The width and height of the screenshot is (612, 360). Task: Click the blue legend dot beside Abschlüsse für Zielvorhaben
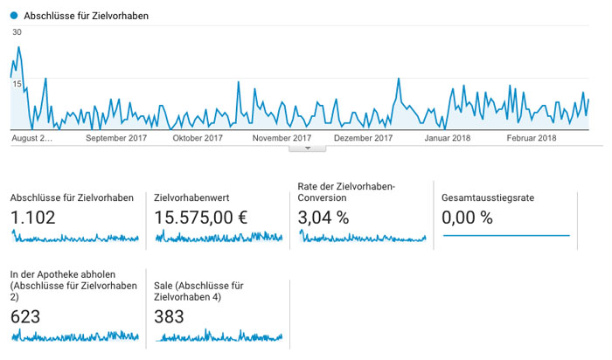point(14,16)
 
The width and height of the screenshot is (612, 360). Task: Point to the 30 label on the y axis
point(17,32)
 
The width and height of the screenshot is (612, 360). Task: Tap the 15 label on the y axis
point(17,84)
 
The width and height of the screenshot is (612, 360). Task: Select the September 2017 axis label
point(116,138)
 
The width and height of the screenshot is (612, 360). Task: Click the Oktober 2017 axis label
point(198,138)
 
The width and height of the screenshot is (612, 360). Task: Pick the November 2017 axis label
point(282,138)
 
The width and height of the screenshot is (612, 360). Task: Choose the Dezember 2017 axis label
point(364,138)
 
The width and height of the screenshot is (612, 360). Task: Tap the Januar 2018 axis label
point(448,138)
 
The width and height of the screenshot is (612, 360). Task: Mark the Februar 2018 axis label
point(532,138)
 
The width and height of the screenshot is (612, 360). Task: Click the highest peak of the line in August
point(18,47)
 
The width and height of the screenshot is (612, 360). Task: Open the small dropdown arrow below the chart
point(308,149)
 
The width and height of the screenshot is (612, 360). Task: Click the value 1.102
point(33,218)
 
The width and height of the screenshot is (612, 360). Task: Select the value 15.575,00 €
point(201,218)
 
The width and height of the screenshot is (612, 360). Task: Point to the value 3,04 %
point(323,218)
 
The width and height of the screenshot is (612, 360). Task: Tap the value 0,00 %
point(467,218)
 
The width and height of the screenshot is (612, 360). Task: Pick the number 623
point(25,316)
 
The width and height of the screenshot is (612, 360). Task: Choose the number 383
point(169,316)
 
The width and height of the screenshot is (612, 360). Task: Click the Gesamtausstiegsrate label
point(488,197)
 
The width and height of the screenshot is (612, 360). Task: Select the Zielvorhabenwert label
point(191,197)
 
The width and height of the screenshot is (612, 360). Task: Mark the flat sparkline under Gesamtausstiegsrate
point(506,236)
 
